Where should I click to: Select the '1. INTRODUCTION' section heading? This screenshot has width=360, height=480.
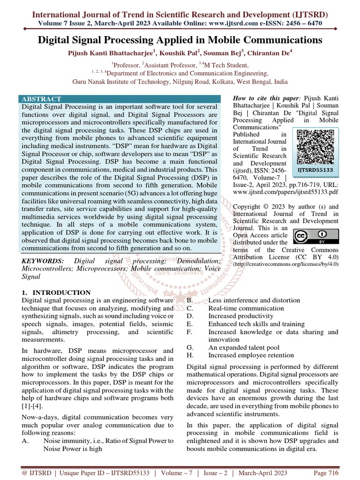56,292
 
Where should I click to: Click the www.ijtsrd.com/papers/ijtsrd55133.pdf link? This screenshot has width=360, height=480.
285,192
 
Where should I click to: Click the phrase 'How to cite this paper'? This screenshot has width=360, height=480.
265,98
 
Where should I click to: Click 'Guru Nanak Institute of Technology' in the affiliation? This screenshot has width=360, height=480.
120,81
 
